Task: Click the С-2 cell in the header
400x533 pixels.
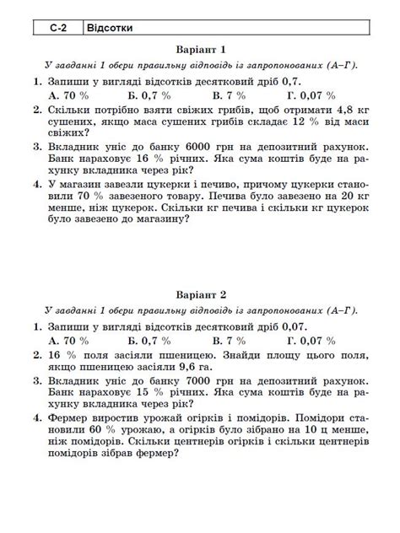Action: (x=58, y=28)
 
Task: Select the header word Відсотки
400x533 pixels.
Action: (x=110, y=28)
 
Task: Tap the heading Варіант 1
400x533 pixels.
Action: (x=201, y=50)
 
